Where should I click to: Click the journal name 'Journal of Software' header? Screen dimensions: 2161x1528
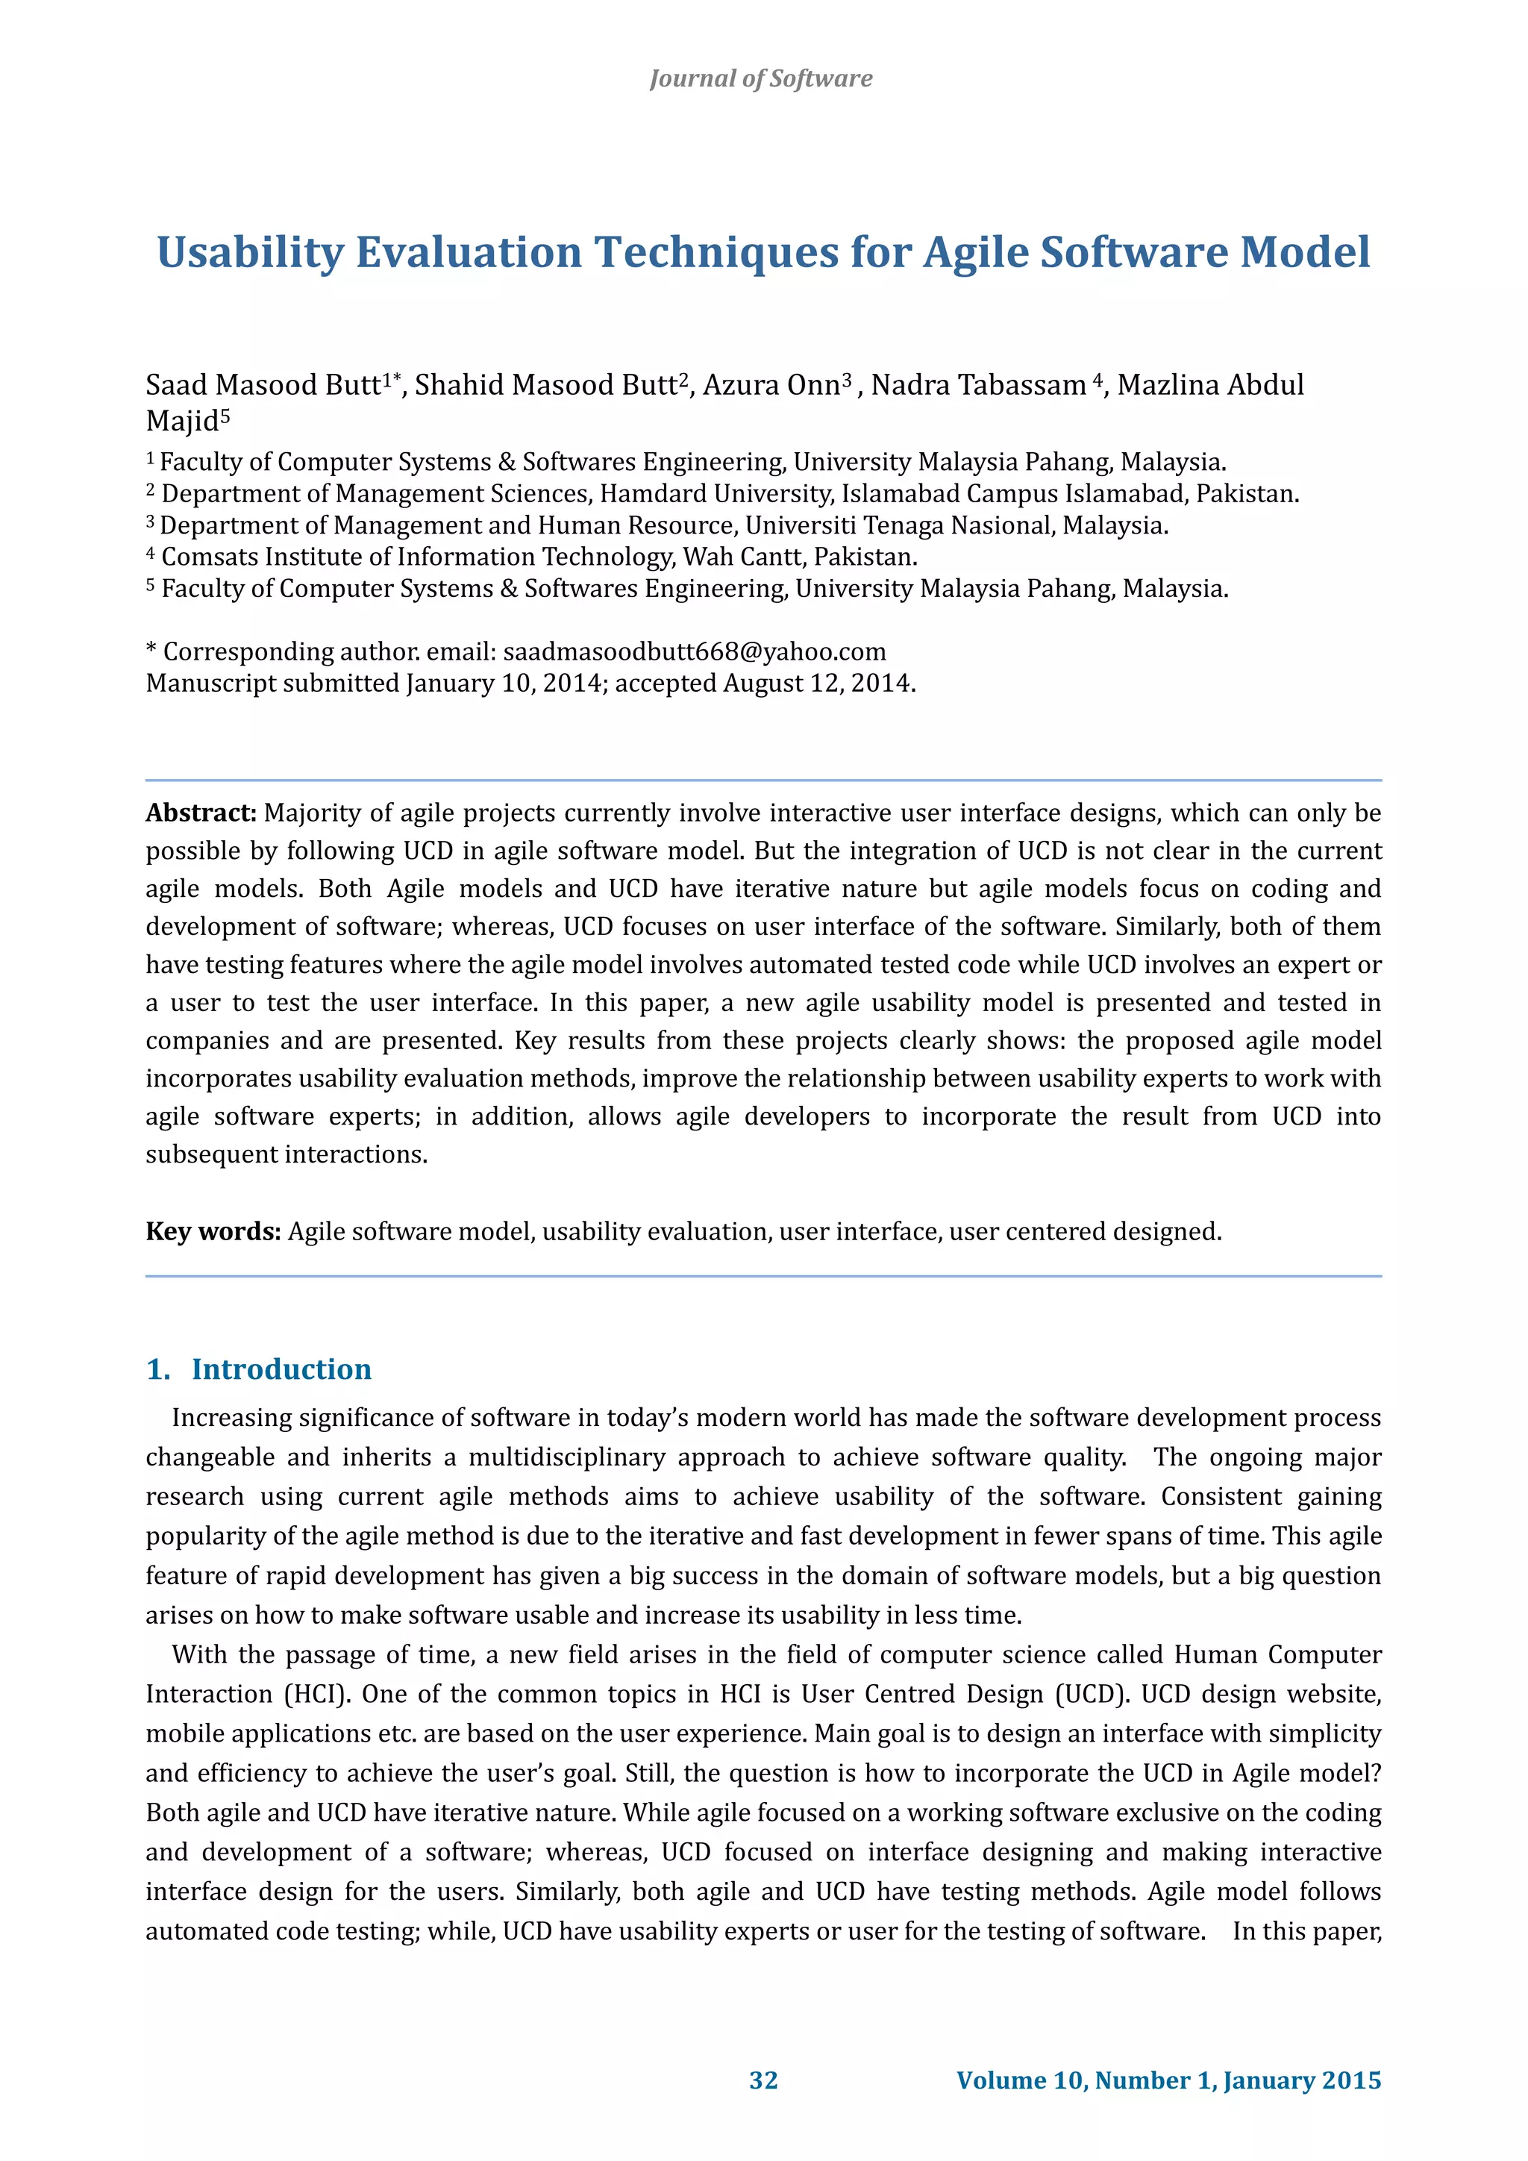[x=760, y=78]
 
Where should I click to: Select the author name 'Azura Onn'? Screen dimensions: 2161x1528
[x=771, y=385]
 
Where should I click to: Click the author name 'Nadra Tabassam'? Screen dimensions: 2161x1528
[x=979, y=385]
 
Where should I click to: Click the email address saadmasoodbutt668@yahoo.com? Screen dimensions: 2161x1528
[x=695, y=651]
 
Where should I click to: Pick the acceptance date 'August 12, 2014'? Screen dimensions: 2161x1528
[x=817, y=684]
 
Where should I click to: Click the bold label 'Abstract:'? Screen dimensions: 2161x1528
[x=201, y=813]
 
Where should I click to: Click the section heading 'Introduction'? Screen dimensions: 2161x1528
[x=281, y=1369]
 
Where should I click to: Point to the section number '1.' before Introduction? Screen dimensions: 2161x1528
[x=158, y=1369]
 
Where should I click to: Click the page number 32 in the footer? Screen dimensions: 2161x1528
[x=763, y=2080]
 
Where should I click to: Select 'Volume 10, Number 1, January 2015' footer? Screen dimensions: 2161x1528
[x=1168, y=2080]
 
